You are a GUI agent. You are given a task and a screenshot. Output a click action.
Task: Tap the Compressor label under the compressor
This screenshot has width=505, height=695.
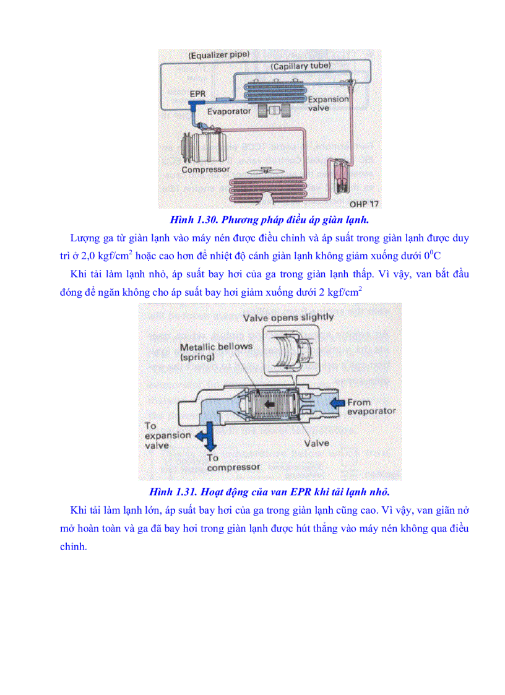tap(205, 169)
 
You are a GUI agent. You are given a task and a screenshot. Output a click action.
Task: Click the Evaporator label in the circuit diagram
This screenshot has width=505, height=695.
tap(229, 111)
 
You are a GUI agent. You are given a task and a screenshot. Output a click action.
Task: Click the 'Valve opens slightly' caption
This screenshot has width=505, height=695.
tap(288, 317)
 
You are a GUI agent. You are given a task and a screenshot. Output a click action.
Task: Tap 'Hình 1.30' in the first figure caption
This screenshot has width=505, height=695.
tap(192, 220)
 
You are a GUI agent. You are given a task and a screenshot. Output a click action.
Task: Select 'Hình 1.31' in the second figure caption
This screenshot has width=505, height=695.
tap(171, 492)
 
